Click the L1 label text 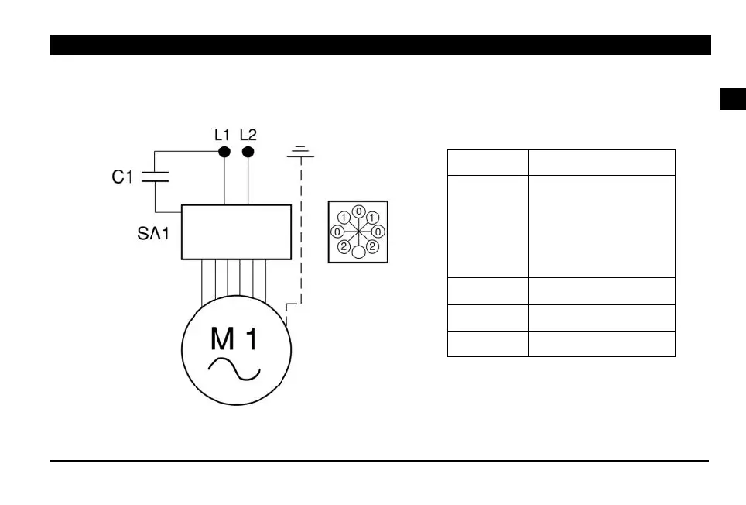[222, 134]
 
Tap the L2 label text [248, 134]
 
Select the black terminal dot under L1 [224, 151]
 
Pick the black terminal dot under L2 [248, 151]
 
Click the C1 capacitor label [122, 177]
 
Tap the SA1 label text [148, 233]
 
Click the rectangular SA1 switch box [236, 232]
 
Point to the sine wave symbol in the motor [235, 370]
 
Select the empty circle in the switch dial [358, 252]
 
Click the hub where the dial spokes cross [358, 231]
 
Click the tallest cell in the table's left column [488, 226]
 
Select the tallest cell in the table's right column [601, 226]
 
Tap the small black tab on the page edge [732, 99]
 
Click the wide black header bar [380, 45]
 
